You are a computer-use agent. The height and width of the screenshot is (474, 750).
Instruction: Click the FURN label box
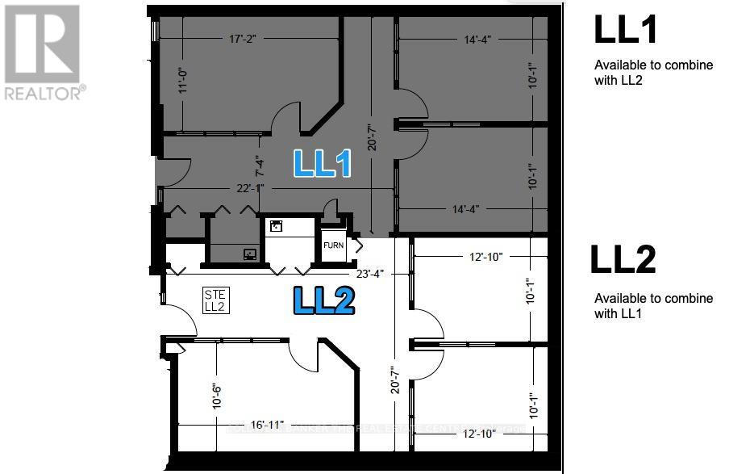[x=334, y=245]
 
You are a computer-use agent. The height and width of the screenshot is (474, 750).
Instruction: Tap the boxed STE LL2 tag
[x=215, y=300]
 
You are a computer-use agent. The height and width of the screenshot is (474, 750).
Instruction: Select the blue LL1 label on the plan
[x=322, y=163]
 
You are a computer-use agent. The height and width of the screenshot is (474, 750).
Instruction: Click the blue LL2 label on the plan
[x=323, y=300]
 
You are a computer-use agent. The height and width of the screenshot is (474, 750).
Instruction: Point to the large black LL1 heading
[x=626, y=29]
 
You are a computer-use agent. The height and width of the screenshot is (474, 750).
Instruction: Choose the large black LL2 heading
[x=623, y=259]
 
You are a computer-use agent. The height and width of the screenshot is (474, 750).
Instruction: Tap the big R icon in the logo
[x=41, y=44]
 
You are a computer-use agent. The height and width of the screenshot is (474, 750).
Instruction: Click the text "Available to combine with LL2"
[x=653, y=72]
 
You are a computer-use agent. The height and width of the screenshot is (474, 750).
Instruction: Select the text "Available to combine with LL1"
[x=653, y=305]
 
